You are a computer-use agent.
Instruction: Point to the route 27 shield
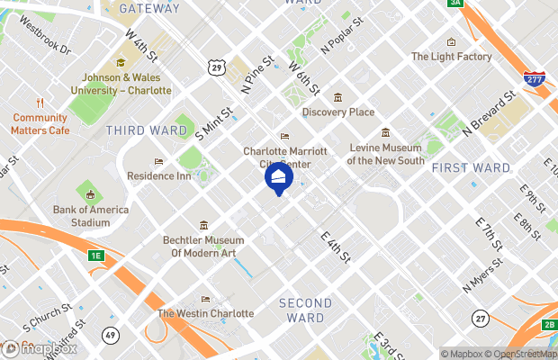(x=481, y=318)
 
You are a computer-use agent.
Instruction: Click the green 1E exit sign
(x=96, y=256)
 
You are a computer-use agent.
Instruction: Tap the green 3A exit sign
(x=455, y=4)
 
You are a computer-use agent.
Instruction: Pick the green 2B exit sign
(x=549, y=324)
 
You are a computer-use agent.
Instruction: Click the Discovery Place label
(x=337, y=112)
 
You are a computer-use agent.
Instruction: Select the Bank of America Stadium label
(x=90, y=216)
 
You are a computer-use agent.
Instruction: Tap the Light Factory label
(x=452, y=57)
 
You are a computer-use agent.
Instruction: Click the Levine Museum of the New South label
(x=385, y=154)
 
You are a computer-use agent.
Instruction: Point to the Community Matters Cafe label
(x=40, y=123)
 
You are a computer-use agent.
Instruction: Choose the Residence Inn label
(x=159, y=175)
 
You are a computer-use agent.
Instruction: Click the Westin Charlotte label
(x=205, y=313)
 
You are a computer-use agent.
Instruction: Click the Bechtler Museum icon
(x=204, y=225)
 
